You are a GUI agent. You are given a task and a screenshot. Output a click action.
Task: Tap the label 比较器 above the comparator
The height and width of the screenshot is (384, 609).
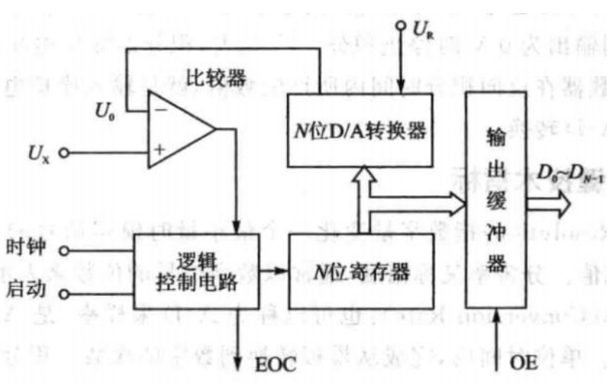point(216,76)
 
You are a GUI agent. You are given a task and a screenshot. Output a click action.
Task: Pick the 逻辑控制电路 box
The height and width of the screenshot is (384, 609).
point(196,271)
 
